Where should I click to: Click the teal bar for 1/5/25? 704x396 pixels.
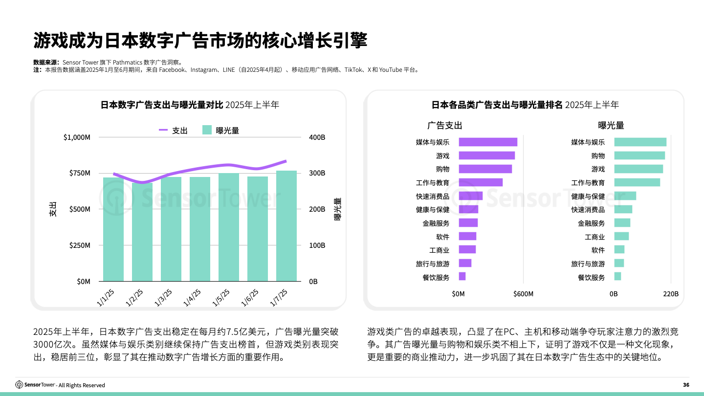point(229,227)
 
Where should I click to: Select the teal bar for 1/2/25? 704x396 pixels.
point(142,232)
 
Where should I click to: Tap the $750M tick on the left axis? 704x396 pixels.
point(77,174)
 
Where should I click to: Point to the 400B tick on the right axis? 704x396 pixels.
point(317,137)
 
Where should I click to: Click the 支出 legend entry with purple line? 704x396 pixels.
point(174,130)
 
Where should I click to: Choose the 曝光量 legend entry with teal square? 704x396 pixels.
point(221,130)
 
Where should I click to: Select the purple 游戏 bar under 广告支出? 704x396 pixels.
point(486,155)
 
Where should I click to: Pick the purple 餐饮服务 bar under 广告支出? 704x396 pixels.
point(462,277)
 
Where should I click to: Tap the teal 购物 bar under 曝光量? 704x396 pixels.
point(639,155)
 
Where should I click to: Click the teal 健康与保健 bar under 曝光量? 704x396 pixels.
point(625,196)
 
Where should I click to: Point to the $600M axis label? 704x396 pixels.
point(523,294)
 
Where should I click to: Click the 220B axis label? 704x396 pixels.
point(670,294)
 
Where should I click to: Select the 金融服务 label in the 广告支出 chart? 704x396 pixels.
point(436,223)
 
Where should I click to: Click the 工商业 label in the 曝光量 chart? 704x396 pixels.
point(594,237)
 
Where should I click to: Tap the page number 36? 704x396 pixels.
point(686,385)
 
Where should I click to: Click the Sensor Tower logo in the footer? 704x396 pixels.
point(36,385)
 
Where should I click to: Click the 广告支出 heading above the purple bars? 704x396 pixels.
point(444,125)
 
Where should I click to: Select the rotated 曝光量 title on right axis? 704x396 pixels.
point(338,209)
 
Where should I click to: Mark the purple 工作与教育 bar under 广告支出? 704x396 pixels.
point(481,182)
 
